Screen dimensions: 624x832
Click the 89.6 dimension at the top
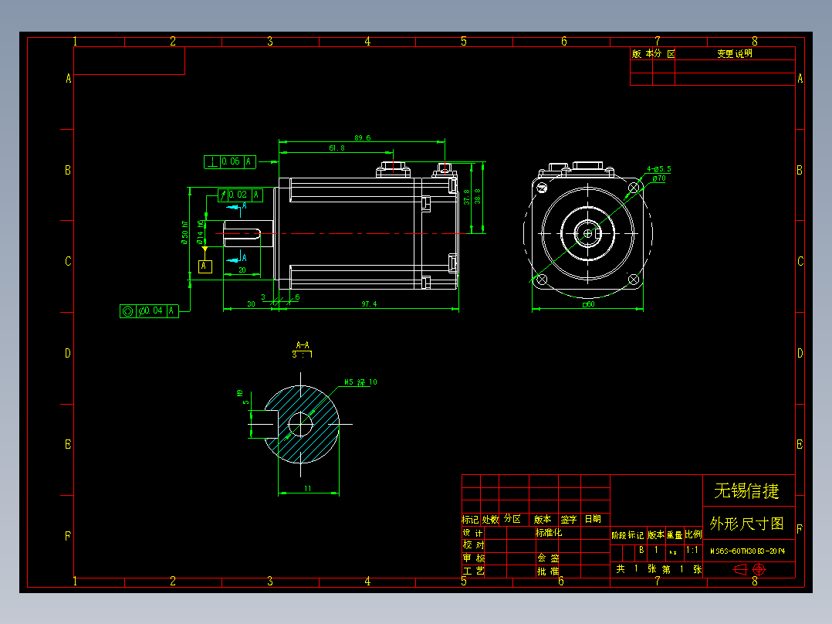pos(362,138)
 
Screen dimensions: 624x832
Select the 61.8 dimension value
pos(337,148)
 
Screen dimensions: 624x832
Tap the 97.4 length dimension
pos(369,304)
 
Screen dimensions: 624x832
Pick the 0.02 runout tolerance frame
pos(242,195)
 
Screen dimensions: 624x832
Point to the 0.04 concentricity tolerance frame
pos(150,310)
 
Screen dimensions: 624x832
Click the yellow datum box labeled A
pos(205,266)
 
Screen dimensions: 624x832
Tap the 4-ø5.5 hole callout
pos(658,168)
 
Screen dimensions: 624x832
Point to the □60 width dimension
pos(588,304)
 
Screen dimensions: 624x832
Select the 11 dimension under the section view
pos(306,489)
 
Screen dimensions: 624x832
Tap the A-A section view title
pos(303,344)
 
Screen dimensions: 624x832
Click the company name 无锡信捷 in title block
pos(746,491)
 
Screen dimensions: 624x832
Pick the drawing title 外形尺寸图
pos(746,524)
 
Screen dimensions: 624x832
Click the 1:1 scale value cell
pos(692,551)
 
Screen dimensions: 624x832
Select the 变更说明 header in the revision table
pos(734,54)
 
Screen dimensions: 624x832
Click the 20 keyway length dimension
pos(242,270)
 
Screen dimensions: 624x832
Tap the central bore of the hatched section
pos(300,424)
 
